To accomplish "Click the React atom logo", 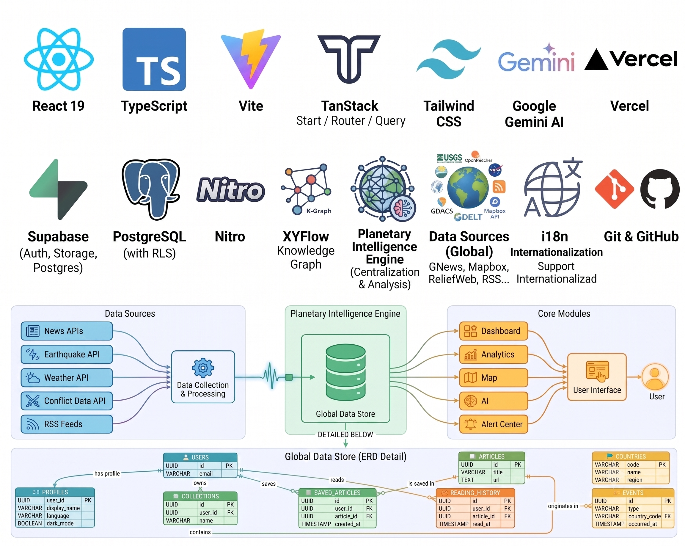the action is [x=59, y=59].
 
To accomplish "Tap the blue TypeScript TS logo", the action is [x=154, y=59].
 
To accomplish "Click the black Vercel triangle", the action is [x=596, y=59].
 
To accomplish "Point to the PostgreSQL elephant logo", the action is [x=151, y=189].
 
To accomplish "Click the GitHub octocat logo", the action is [x=660, y=189].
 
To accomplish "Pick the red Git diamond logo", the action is [x=615, y=189].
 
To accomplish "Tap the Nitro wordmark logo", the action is [x=230, y=190].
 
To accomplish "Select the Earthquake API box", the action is [x=67, y=354].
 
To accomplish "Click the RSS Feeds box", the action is [x=67, y=424].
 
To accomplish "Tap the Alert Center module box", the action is [x=494, y=424].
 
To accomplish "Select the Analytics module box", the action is [x=494, y=354].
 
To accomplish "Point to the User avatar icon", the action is [x=655, y=377].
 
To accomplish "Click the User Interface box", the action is [x=597, y=377].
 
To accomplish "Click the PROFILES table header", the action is [x=55, y=492].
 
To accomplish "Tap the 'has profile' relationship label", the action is [x=107, y=473].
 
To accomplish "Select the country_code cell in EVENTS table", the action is [x=644, y=516].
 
